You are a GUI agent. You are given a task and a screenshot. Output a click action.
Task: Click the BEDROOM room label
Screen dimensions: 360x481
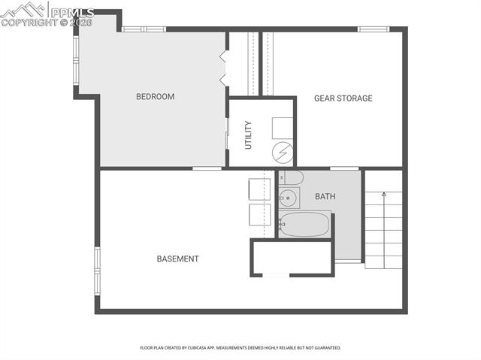(155, 97)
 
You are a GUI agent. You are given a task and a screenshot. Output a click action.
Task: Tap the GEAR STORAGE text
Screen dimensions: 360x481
(343, 98)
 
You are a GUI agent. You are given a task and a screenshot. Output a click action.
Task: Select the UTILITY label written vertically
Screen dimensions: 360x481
(248, 135)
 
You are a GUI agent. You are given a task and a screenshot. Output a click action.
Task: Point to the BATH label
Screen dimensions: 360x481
(325, 197)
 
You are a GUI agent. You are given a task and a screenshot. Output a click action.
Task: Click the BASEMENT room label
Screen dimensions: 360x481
(177, 259)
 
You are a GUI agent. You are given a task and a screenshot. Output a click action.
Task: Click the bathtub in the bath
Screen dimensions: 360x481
(304, 224)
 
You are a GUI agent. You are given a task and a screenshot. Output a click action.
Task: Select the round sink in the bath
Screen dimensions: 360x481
(288, 199)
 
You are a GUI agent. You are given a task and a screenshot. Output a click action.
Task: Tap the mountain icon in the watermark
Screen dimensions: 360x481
(23, 10)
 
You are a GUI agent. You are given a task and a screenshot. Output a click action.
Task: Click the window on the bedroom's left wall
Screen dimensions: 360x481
(75, 60)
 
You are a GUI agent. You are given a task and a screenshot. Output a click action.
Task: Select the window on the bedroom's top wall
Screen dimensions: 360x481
(143, 29)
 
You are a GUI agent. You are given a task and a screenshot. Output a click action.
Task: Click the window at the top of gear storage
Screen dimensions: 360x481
(372, 29)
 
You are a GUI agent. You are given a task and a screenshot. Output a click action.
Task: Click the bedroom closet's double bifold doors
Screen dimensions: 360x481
(223, 68)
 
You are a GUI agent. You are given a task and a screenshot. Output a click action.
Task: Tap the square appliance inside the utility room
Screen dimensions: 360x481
(282, 126)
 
